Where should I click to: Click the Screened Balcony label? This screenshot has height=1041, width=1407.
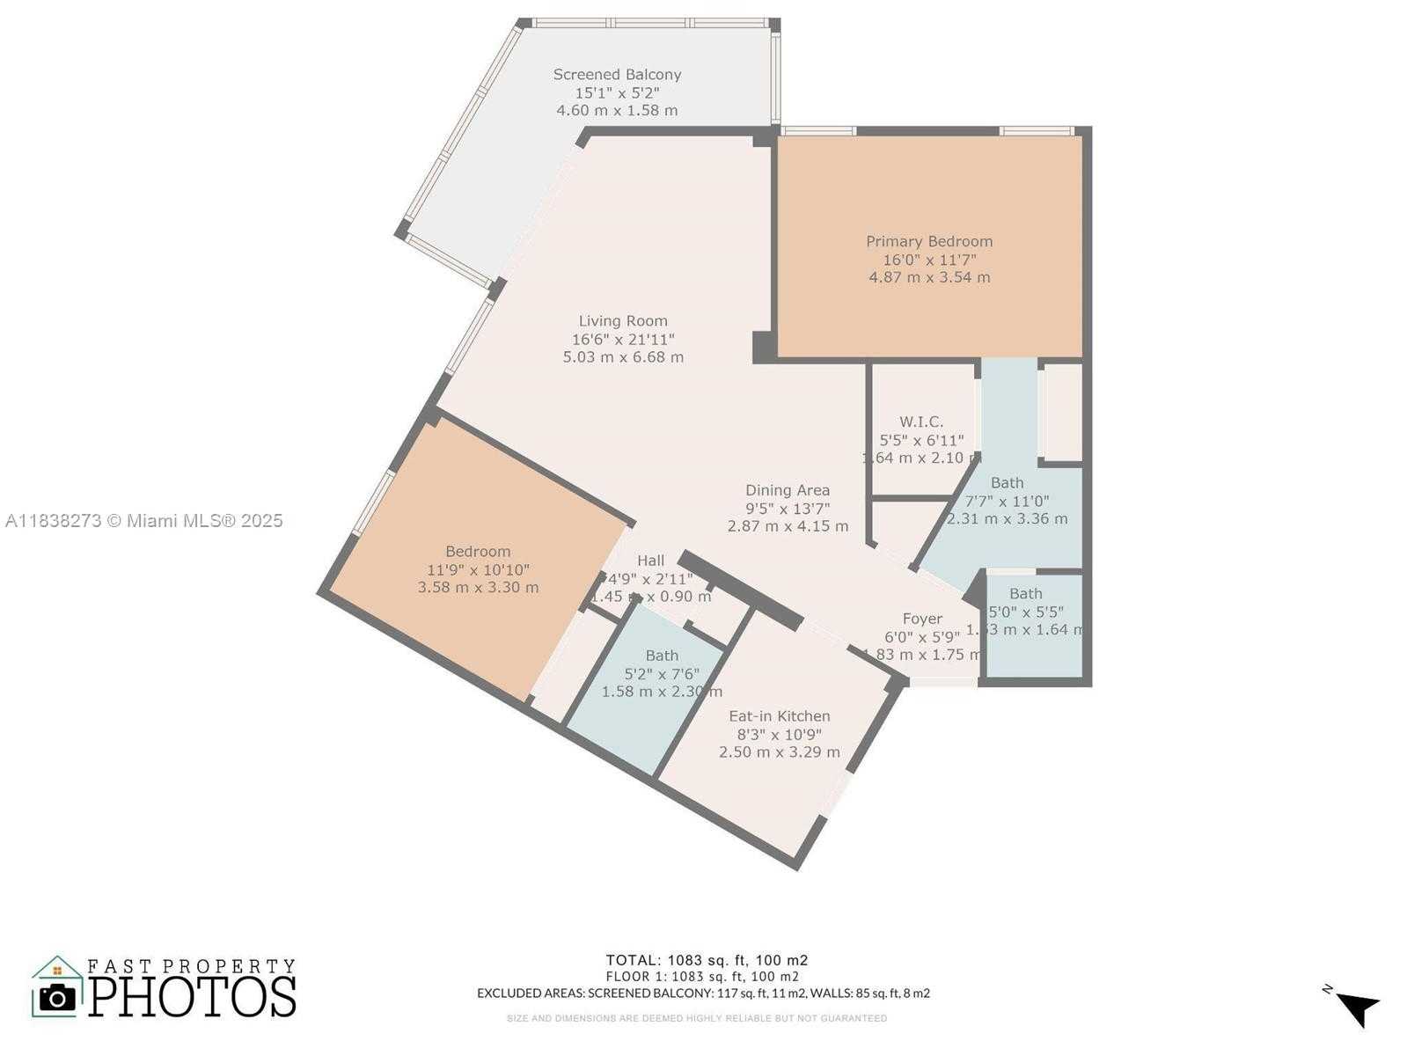[x=617, y=75]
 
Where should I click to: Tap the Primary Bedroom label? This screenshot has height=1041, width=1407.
[x=929, y=241]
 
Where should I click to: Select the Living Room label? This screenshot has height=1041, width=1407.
[x=623, y=321]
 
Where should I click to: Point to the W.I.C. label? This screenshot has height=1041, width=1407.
[x=921, y=422]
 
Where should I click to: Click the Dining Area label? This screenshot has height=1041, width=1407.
[x=788, y=490]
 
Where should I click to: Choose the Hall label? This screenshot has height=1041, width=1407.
[x=651, y=561]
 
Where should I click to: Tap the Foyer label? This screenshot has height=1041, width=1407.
[x=922, y=619]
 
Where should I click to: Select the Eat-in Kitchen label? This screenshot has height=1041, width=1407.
[x=780, y=716]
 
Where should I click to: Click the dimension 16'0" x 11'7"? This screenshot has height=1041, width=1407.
[x=929, y=260]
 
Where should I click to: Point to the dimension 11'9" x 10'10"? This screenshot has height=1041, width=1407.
[x=478, y=570]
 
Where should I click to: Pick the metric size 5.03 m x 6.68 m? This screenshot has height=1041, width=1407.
[x=623, y=357]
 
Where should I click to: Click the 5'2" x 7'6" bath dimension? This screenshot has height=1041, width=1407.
[x=662, y=674]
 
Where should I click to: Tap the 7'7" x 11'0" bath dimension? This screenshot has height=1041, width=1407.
[x=1008, y=501]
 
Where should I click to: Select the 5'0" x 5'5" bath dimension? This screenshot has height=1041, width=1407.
[x=1026, y=612]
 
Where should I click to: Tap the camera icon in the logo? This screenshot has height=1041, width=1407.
[x=58, y=998]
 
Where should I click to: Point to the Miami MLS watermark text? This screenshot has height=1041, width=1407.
[x=144, y=521]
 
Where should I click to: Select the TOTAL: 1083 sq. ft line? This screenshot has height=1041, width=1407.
[x=707, y=960]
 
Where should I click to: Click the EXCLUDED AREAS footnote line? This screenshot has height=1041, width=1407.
[x=703, y=993]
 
